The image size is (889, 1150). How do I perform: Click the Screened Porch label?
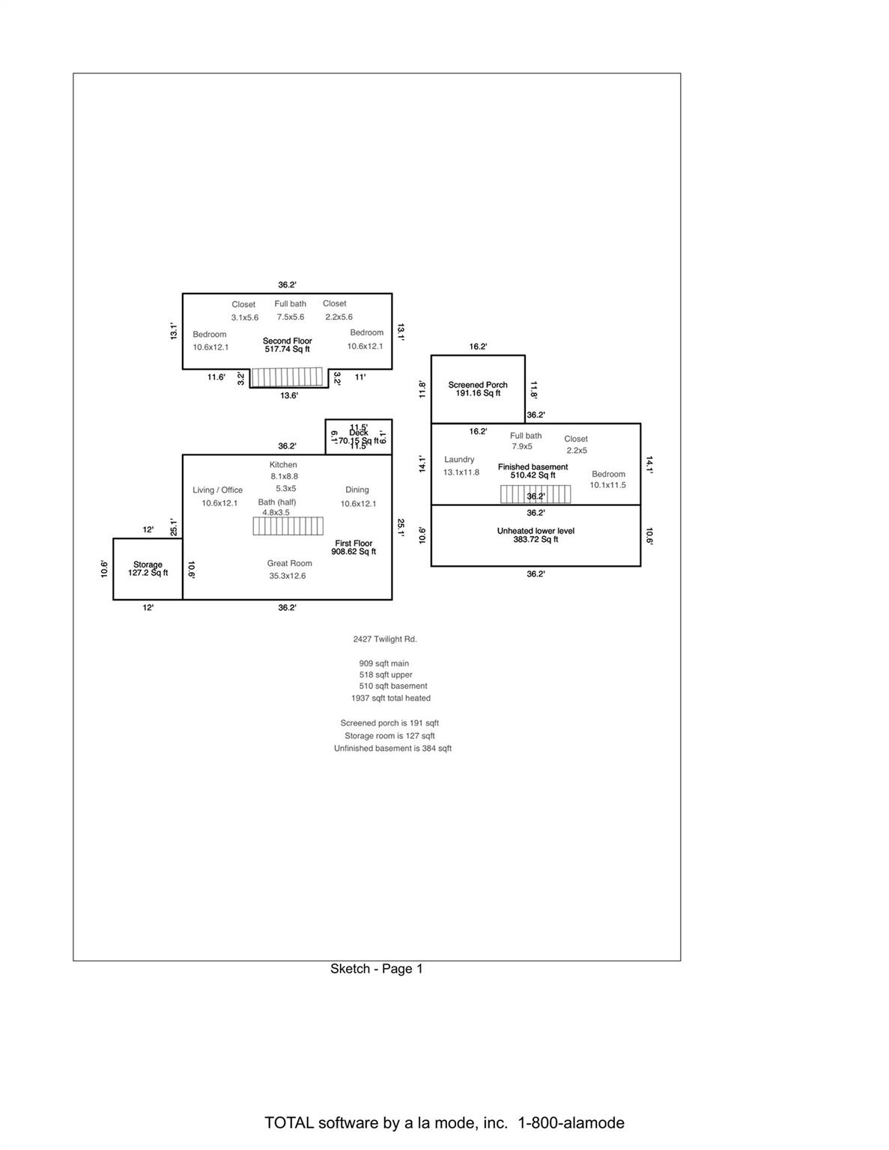(x=478, y=385)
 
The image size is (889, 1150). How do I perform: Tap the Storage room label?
(x=148, y=565)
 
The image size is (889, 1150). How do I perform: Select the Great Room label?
(x=289, y=563)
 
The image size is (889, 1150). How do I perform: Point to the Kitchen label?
(x=283, y=465)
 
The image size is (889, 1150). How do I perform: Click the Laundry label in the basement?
(x=459, y=460)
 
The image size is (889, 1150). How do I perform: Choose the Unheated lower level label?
(x=535, y=531)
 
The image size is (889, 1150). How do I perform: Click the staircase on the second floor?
(x=287, y=377)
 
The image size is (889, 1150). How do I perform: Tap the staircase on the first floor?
(x=288, y=526)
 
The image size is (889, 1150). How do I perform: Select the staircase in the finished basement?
(x=535, y=494)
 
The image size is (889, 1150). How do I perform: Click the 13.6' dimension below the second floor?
(x=289, y=395)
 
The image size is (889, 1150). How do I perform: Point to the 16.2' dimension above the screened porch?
(x=478, y=347)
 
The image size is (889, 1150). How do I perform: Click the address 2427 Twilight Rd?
(x=385, y=639)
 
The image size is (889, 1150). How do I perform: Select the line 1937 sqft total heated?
(x=391, y=699)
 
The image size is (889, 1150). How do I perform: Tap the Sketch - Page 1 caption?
(x=377, y=969)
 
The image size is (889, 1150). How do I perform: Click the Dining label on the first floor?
(x=357, y=490)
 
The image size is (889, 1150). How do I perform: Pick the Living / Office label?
(x=218, y=490)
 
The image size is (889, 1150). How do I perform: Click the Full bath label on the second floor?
(x=290, y=304)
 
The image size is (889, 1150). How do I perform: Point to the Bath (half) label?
(x=277, y=502)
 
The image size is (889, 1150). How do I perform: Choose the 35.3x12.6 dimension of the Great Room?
(x=288, y=576)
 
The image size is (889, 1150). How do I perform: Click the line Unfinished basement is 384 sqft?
(x=392, y=749)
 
